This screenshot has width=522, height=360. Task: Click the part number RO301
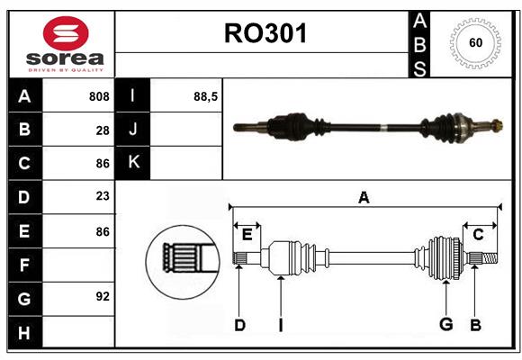265,33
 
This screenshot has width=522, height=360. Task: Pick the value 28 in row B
103,130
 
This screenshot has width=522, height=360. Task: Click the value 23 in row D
103,195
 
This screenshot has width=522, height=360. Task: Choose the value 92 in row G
103,296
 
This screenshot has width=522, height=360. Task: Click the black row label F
24,265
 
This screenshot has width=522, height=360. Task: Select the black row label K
134,162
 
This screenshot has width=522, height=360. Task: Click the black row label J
134,130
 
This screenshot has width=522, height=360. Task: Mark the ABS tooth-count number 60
474,42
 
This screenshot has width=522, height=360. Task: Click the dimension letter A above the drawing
364,197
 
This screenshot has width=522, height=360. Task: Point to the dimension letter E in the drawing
247,234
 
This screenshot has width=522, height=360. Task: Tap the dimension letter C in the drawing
478,234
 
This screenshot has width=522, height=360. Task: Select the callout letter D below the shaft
239,326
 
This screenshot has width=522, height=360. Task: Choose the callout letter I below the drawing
280,326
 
